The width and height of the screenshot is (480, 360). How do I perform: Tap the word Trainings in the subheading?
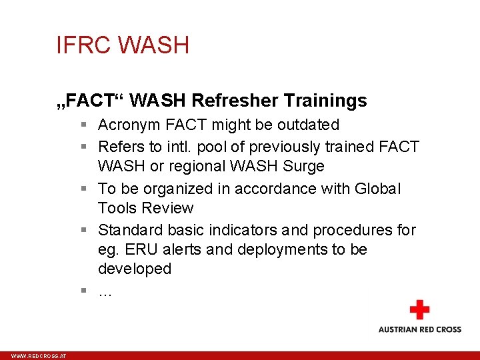tap(327, 101)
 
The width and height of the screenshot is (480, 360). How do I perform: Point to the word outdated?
tap(309, 125)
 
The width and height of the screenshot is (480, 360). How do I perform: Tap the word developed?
tap(134, 269)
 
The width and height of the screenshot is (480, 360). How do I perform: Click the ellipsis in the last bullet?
tap(105, 291)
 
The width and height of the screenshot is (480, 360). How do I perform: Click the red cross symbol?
tap(419, 310)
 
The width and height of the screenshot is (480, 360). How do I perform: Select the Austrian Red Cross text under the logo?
tap(419, 329)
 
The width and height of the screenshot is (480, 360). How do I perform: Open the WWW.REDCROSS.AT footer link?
tap(39, 357)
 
